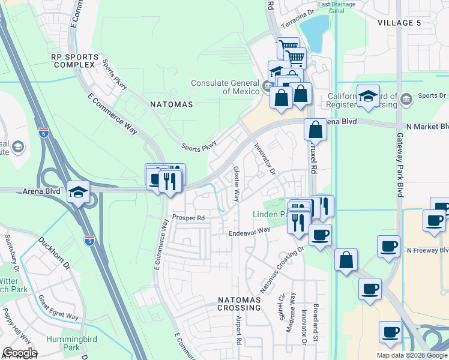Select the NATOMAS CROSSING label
239,302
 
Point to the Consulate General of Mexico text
226,88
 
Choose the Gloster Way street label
237,184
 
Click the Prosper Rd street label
188,218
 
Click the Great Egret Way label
58,307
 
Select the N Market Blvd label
427,127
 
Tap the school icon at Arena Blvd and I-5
78,193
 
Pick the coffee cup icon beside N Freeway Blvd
388,246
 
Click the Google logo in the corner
19,353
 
